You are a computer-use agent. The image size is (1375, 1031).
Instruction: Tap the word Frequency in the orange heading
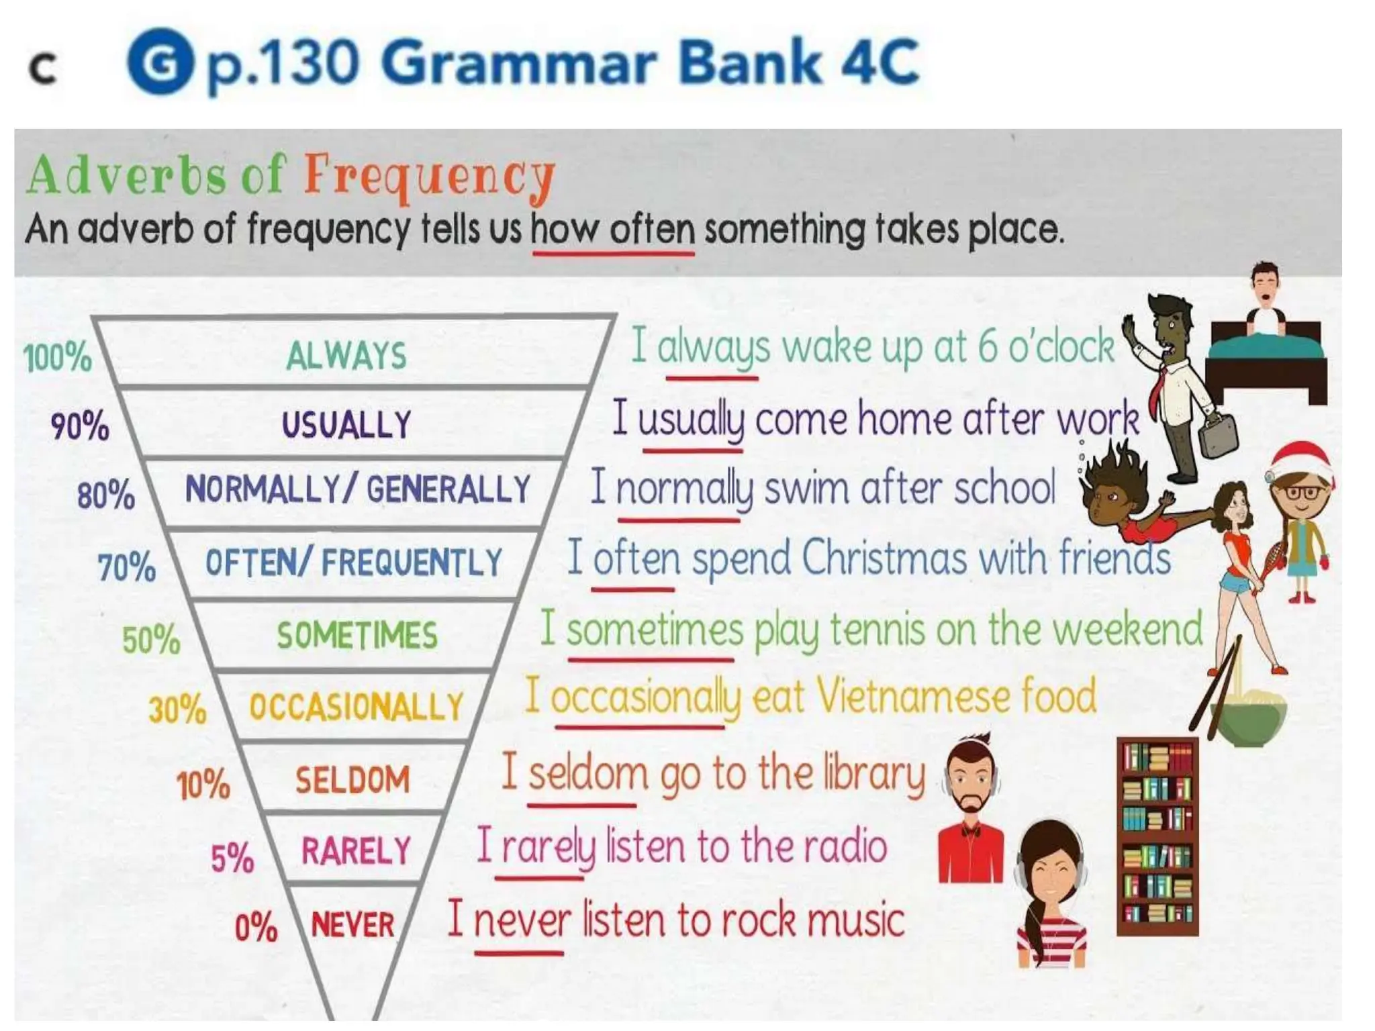[430, 176]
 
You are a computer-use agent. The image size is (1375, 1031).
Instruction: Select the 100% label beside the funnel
[58, 357]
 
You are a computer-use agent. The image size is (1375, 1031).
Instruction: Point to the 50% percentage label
[151, 639]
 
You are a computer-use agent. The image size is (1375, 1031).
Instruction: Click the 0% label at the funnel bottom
[256, 928]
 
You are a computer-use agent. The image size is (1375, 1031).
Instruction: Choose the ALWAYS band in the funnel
[346, 355]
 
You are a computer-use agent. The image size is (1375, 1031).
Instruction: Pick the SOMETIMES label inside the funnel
[357, 635]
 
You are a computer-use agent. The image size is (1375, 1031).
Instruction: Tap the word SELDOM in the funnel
[352, 780]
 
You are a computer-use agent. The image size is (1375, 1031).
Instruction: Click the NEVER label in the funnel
[353, 924]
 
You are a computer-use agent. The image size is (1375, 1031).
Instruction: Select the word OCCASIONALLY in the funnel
[357, 707]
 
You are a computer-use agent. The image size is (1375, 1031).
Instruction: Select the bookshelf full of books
[1157, 836]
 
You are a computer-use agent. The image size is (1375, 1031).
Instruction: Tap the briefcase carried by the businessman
[1219, 436]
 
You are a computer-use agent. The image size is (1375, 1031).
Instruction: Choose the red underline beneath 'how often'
[613, 254]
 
